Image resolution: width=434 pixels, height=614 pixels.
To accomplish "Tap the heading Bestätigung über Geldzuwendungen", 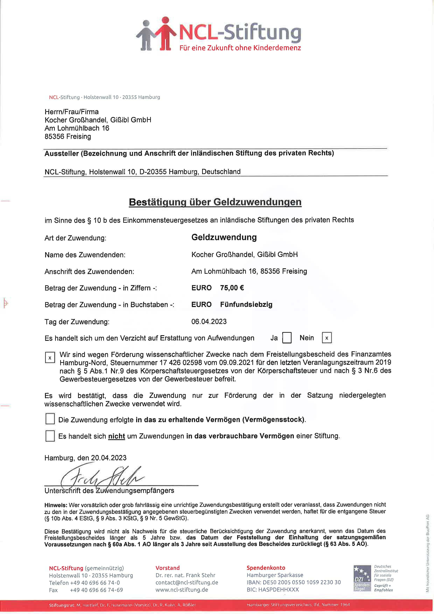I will tap(215, 202).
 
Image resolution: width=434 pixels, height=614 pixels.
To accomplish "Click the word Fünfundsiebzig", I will tap(246, 305).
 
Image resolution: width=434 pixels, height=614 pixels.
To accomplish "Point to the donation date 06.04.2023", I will tap(209, 321).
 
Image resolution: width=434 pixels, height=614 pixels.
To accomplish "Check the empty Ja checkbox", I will tap(287, 338).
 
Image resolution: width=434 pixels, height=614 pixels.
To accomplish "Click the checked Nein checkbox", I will tap(327, 338).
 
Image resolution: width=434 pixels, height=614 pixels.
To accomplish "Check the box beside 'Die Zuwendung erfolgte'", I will tap(50, 419).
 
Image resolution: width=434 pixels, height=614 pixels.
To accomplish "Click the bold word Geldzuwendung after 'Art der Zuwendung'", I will tap(224, 237).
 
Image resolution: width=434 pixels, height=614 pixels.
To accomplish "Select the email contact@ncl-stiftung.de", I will tap(187, 582).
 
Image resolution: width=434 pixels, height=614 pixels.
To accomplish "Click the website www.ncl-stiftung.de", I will tap(182, 590).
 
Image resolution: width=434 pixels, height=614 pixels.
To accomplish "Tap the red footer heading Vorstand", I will tap(167, 568).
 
